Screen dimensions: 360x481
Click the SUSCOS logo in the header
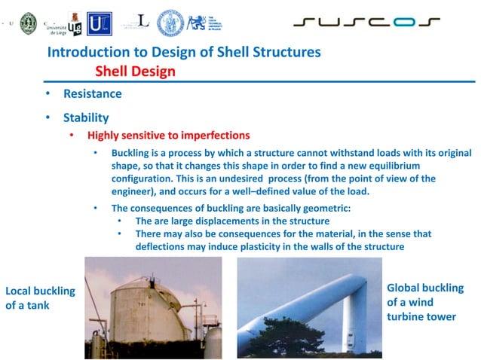366,22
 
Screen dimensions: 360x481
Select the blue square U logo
100,23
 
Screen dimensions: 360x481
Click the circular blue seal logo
170,23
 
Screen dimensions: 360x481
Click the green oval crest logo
28,23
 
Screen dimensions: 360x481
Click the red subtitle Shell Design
135,72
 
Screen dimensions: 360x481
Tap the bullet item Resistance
92,95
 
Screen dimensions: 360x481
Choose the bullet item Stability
86,117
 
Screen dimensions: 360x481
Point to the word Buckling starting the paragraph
133,154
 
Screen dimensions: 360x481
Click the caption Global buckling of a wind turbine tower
424,302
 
